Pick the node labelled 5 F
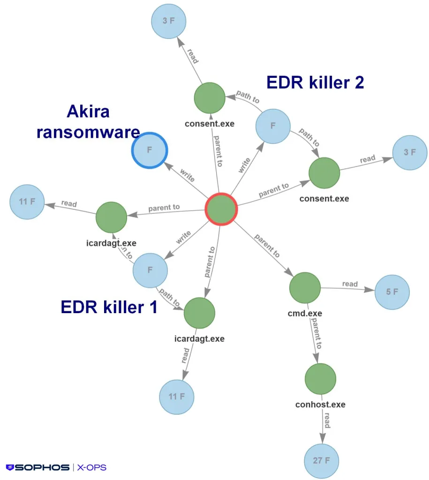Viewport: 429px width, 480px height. pyautogui.click(x=392, y=292)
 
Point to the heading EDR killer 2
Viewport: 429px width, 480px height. pyautogui.click(x=315, y=82)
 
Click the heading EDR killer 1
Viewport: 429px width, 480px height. pyautogui.click(x=109, y=307)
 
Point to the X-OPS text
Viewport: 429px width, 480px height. pyautogui.click(x=92, y=467)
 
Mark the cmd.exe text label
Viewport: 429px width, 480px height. pyautogui.click(x=305, y=313)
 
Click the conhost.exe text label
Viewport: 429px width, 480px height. pyautogui.click(x=320, y=404)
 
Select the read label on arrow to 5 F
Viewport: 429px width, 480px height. pyautogui.click(x=350, y=284)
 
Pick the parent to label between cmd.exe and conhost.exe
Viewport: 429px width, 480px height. pyautogui.click(x=317, y=334)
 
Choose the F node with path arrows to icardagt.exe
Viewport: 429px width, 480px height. pyautogui.click(x=150, y=270)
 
